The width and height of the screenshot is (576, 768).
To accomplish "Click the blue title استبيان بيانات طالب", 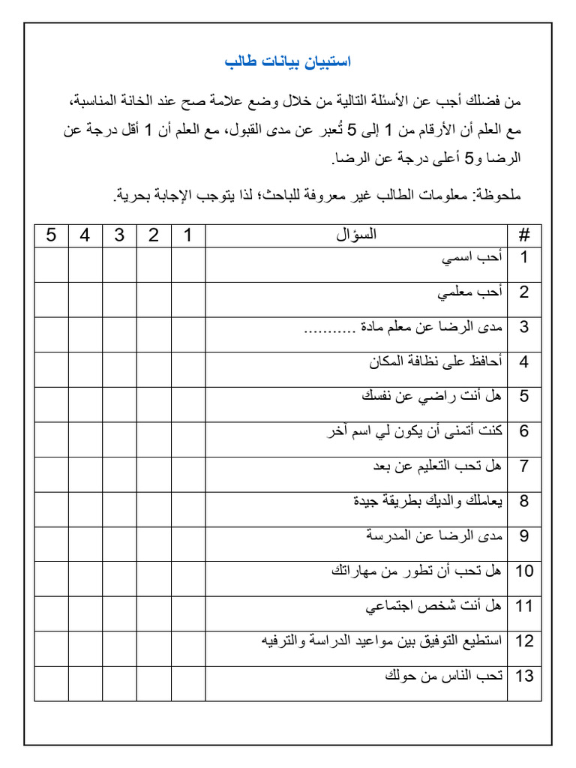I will coord(288,61).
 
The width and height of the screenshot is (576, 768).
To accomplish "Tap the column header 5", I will coord(51,235).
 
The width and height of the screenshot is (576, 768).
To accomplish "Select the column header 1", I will coord(188,235).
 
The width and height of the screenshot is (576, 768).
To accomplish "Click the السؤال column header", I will coord(356,235).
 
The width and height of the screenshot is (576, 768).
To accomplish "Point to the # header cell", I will coord(524,235).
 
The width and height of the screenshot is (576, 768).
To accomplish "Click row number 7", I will coord(524,466).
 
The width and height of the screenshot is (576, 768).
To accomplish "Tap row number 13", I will coord(524,676).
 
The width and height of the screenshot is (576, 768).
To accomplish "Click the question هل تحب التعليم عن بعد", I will coord(437,466).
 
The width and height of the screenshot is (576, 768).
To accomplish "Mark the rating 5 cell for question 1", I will coord(51,265).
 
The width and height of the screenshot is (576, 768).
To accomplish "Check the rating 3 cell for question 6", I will coord(119,439).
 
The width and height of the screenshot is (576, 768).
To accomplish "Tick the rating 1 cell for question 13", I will coord(188,683).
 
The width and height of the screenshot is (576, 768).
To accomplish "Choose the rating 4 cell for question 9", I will coord(85,544).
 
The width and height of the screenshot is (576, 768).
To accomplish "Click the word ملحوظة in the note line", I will coord(496,196).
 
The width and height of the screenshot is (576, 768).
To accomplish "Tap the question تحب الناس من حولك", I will coord(443,676).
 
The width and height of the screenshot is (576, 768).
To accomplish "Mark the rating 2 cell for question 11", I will coord(154,613).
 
